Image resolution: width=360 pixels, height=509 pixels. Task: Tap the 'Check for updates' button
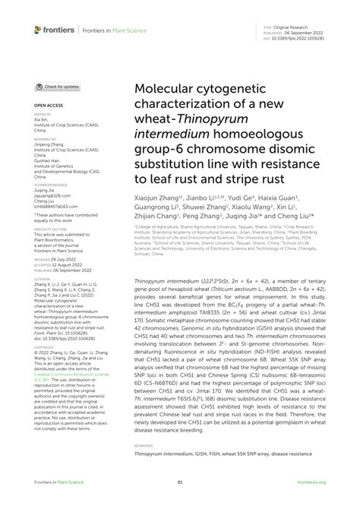point(58,87)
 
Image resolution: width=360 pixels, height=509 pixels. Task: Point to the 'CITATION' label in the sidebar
point(42,280)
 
